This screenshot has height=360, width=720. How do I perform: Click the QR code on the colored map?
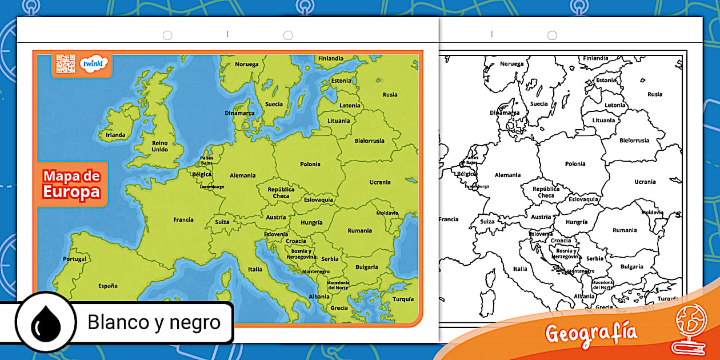pyautogui.click(x=66, y=63)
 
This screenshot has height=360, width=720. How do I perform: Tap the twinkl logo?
pyautogui.click(x=92, y=64)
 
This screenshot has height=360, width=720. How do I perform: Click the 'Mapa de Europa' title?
pyautogui.click(x=71, y=184)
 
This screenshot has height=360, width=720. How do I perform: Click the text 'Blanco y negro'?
pyautogui.click(x=154, y=322)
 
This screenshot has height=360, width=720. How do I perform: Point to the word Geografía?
pyautogui.click(x=591, y=332)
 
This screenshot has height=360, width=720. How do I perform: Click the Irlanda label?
pyautogui.click(x=115, y=135)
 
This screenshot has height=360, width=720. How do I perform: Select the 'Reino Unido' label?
pyautogui.click(x=160, y=146)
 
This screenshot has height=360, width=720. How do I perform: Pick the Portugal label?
pyautogui.click(x=75, y=259)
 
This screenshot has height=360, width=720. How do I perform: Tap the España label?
pyautogui.click(x=107, y=285)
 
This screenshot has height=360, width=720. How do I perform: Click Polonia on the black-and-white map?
pyautogui.click(x=575, y=164)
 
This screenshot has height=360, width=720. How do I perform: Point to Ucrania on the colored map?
pyautogui.click(x=380, y=182)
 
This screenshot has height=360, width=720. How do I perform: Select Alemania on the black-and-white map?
pyautogui.click(x=507, y=175)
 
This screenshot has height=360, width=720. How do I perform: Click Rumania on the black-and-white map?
pyautogui.click(x=625, y=230)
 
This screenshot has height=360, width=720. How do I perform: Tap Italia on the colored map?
pyautogui.click(x=255, y=269)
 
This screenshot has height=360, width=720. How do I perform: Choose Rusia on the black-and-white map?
pyautogui.click(x=655, y=94)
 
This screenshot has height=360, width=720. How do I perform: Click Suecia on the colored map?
pyautogui.click(x=274, y=105)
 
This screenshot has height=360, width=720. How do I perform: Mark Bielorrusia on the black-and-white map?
pyautogui.click(x=634, y=141)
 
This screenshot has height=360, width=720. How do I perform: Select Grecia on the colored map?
pyautogui.click(x=339, y=307)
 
